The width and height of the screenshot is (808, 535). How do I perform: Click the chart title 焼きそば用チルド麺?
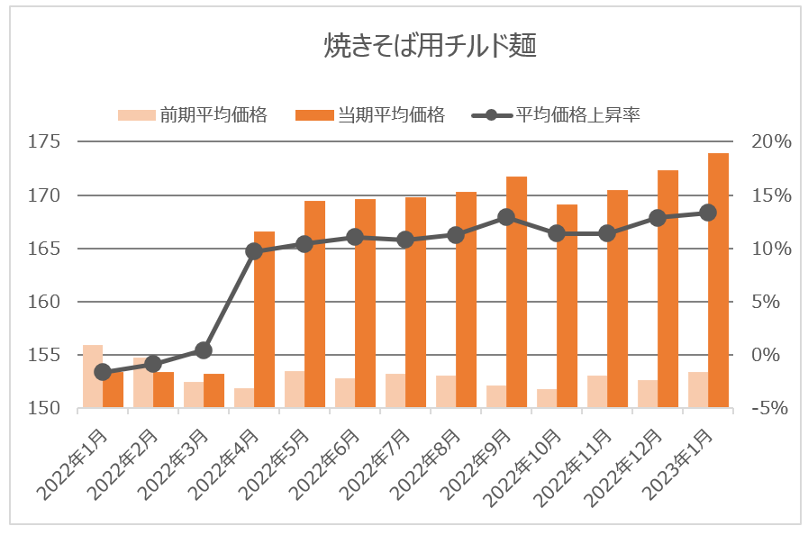[430, 46]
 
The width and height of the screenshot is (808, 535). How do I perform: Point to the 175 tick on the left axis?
[45, 142]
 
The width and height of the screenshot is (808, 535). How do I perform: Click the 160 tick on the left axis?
[45, 302]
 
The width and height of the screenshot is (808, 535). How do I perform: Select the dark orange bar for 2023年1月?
[718, 281]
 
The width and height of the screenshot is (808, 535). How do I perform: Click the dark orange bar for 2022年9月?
[516, 293]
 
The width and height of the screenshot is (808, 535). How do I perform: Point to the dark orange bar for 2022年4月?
[264, 321]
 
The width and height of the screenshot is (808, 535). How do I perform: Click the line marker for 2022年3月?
[204, 350]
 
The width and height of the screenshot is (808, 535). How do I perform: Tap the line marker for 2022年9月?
[506, 217]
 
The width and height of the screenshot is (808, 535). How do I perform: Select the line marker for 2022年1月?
[103, 372]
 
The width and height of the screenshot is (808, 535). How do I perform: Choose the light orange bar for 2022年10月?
[547, 399]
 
